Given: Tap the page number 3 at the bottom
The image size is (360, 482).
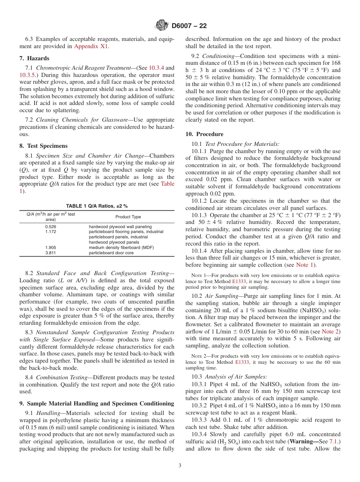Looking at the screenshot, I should point(180,466).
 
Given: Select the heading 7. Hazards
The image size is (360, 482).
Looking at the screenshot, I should point(34,58).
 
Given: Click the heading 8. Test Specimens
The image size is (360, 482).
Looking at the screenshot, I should point(44,146).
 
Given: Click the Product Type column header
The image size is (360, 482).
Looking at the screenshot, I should point(128,217).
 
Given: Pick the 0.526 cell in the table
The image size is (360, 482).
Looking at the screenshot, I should point(50,226).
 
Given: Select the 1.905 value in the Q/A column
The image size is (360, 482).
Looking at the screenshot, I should point(50,247).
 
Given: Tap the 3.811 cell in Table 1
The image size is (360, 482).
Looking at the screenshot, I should point(50,253).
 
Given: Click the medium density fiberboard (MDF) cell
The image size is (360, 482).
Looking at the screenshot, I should point(121,247).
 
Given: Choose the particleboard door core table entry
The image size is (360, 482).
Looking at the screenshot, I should point(111,253).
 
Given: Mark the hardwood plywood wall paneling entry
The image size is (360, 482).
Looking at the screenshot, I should point(120,226).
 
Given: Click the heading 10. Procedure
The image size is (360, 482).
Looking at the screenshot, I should point(204,134).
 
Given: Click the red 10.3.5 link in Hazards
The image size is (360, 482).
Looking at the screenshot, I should point(28,75).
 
